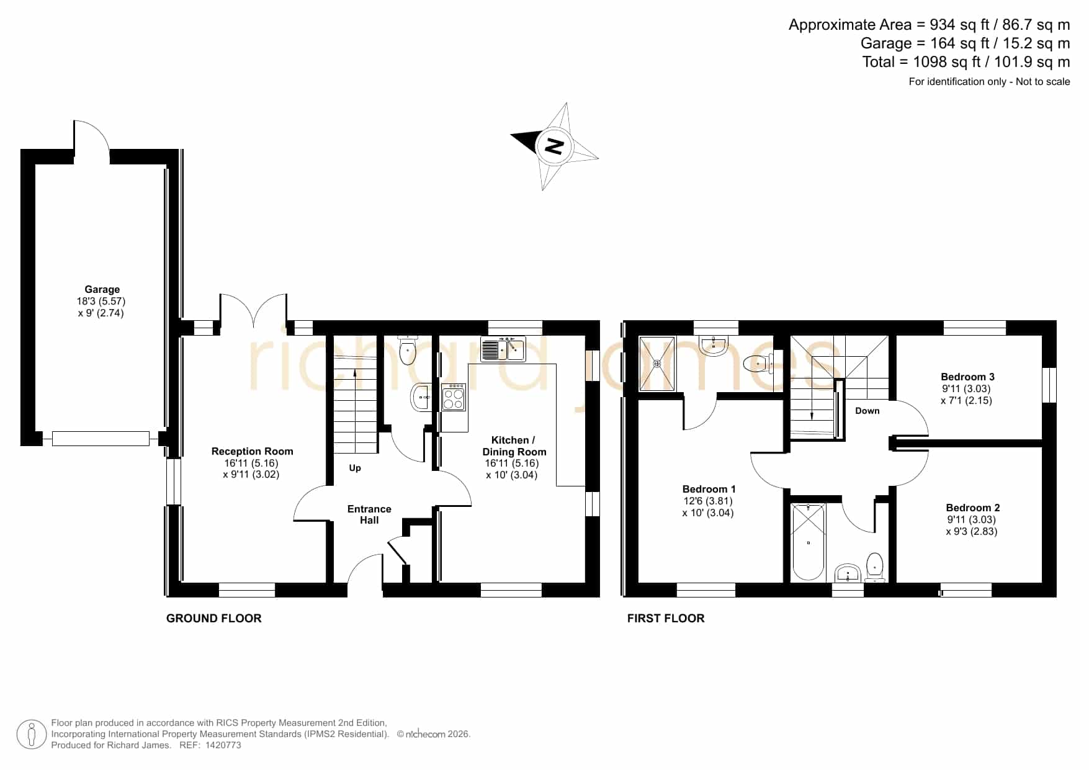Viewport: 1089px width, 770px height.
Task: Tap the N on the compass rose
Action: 553,146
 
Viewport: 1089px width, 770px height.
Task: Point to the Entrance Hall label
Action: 369,514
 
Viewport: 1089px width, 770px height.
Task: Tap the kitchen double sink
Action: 503,349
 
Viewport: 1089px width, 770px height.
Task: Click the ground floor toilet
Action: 407,351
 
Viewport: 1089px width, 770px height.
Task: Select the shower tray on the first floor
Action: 657,364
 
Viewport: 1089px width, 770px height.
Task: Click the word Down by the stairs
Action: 867,411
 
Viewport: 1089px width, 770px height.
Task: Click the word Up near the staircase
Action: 355,468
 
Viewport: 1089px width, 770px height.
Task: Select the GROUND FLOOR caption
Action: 214,618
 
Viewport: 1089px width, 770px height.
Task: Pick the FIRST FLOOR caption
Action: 666,618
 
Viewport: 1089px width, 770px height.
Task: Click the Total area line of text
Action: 966,62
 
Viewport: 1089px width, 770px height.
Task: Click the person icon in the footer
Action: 31,735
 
